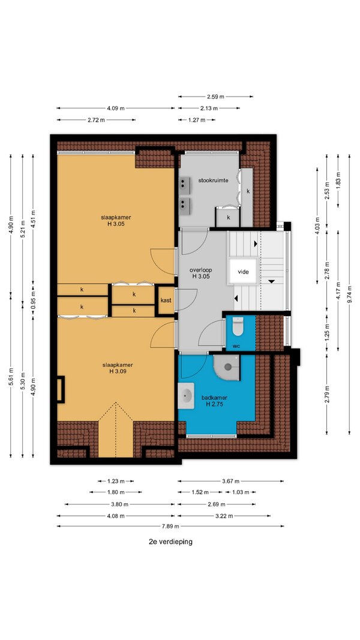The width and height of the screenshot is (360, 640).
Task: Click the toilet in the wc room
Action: [x=237, y=326]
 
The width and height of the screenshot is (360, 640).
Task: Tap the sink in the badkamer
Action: [x=187, y=395]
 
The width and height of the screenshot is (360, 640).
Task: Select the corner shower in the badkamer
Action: [x=227, y=366]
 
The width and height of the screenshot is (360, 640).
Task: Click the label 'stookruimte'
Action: [x=213, y=180]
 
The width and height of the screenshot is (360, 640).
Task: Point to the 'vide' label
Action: [x=243, y=272]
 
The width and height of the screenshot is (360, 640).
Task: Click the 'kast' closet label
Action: [x=166, y=300]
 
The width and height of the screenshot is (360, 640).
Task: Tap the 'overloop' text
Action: [x=201, y=270]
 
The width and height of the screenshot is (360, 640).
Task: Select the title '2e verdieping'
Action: [x=170, y=542]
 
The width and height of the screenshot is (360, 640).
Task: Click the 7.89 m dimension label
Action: [x=170, y=526]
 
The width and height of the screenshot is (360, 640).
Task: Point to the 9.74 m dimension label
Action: [x=349, y=293]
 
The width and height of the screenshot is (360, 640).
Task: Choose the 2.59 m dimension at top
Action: [x=215, y=97]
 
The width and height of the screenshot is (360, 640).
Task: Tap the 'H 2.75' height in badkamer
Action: [x=214, y=404]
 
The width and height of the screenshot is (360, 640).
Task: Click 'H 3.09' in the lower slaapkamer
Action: [x=118, y=371]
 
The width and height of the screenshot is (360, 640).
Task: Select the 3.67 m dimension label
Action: [x=230, y=481]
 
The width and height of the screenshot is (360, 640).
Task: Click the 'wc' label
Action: [x=236, y=345]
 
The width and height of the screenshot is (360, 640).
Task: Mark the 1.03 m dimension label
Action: [x=241, y=492]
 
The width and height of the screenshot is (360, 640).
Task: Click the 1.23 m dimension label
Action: [x=116, y=481]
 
